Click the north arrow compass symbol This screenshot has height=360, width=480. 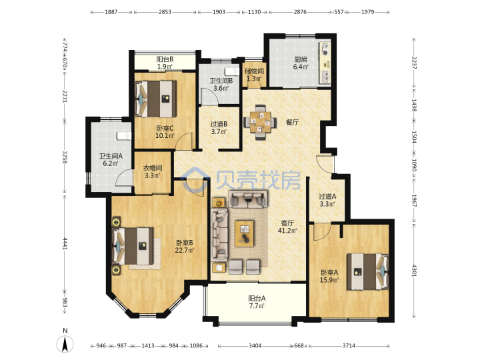pos(65,344)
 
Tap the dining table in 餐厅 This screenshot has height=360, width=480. pos(260,123)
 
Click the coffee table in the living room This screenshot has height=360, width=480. pos(244,233)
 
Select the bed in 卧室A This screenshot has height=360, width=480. pos(367,271)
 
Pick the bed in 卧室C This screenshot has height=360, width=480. pos(156,99)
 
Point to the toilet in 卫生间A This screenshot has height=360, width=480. pos(124,136)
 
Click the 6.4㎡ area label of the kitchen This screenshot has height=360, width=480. pos(301,67)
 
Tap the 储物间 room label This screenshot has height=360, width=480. pos(254,71)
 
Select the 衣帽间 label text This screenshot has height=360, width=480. pos(153,168)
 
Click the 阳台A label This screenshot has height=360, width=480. pos(257,298)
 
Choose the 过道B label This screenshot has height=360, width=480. pos(219,124)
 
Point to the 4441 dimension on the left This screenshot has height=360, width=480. pos(65,243)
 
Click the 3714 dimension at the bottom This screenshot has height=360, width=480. pos(349,345)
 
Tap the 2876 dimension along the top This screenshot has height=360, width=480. pos(300,12)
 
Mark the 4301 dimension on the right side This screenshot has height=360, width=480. pos(413,270)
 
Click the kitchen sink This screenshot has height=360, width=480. pos(325,77)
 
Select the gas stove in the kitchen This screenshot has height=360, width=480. pos(325,49)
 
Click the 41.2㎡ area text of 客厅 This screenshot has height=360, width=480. pos(287,231)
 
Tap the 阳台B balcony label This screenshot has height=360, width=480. pos(165,59)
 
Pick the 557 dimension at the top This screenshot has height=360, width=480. pos(339,12)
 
